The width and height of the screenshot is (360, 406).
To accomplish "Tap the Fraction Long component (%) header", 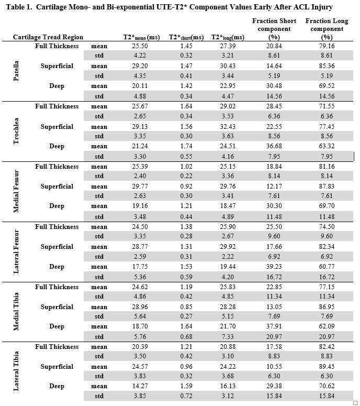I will click(x=327, y=29).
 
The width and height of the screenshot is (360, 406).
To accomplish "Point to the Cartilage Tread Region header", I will click(x=47, y=38).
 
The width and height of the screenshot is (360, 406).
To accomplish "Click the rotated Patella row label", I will click(x=17, y=71).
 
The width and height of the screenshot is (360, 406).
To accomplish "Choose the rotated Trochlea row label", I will click(x=17, y=131).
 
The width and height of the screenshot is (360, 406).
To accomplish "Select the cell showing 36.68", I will click(x=277, y=146).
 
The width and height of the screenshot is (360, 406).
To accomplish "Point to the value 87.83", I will click(x=327, y=186).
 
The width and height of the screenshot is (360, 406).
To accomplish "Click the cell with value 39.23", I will click(x=277, y=267).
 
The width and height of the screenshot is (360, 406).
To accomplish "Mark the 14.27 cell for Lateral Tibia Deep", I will click(x=141, y=386).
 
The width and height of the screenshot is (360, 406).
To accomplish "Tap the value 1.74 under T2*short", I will click(x=186, y=146).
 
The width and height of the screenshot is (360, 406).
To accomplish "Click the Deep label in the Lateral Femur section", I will click(x=57, y=267).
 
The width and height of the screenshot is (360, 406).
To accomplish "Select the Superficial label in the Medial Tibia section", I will click(x=57, y=307).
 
